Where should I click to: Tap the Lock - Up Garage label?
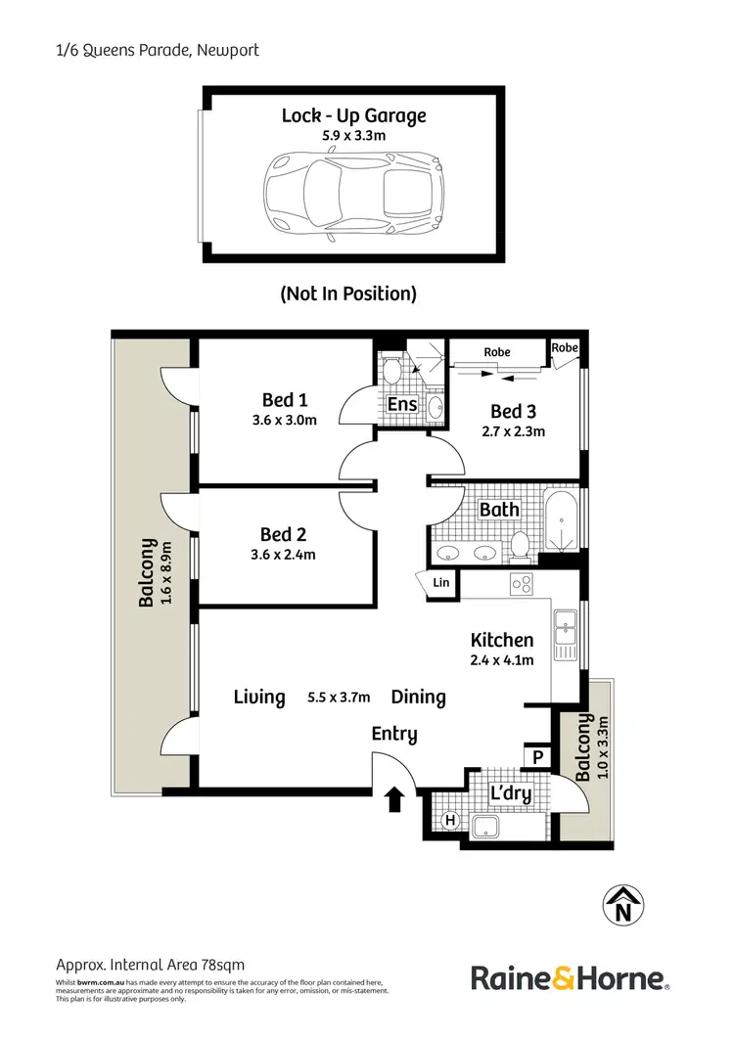[x=353, y=115]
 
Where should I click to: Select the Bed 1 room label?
[x=285, y=399]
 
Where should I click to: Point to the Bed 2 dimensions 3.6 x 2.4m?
[x=285, y=554]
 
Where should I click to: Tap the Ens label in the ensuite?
[x=402, y=404]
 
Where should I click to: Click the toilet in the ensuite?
[x=391, y=370]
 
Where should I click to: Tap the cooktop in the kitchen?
[x=521, y=585]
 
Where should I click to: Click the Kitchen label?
[x=502, y=640]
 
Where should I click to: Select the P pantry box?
[x=537, y=755]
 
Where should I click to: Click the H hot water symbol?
[x=450, y=820]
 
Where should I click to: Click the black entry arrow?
[x=394, y=800]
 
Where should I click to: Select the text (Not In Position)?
[x=348, y=293]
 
